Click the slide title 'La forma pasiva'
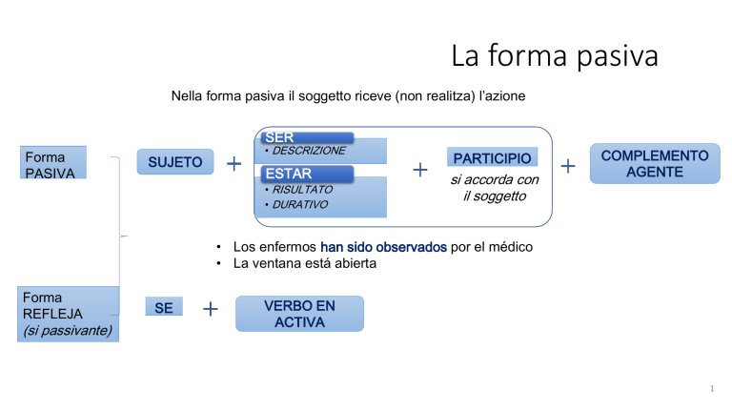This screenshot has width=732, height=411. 555,55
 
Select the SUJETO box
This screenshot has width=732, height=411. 175,161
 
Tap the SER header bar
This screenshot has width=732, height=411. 307,137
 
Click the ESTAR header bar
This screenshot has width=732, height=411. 307,174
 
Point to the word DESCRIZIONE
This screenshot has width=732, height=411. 309,151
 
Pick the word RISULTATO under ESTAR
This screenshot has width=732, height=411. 302,190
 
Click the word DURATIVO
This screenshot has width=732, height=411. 299,205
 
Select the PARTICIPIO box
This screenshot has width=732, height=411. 492,158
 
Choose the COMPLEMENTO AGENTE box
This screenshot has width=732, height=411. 655,163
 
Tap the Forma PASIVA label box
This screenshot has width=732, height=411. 53,162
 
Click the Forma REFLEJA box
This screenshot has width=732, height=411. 69,315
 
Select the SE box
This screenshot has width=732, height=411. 164,307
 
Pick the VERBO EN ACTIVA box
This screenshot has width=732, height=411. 299,314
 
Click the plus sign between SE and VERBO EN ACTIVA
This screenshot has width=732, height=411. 211,309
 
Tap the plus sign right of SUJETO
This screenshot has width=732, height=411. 234,163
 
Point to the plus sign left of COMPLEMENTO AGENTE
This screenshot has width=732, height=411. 568,166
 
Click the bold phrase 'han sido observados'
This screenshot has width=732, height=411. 383,247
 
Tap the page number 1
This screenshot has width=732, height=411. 712,388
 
